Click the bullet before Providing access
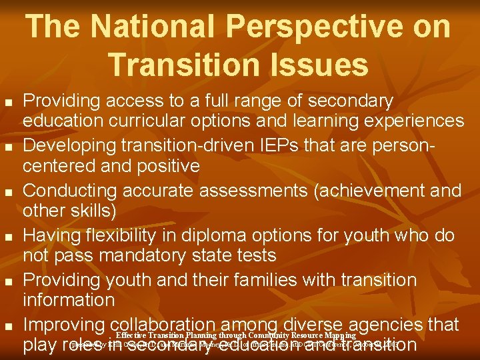pos(8,103)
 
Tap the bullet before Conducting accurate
pos(8,192)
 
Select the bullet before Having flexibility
pos(8,237)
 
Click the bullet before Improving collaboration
pos(8,326)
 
